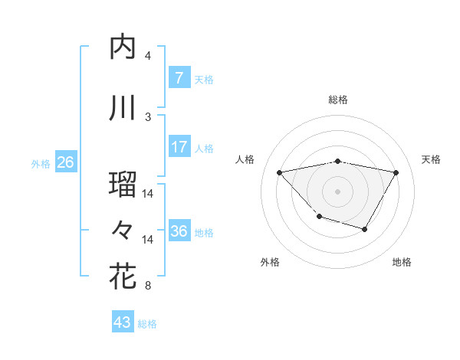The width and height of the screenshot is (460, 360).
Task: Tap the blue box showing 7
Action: tap(179, 77)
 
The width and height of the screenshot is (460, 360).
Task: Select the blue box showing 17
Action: tap(179, 147)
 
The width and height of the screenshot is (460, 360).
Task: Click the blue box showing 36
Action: tap(179, 231)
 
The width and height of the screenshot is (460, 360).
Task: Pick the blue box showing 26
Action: tap(66, 162)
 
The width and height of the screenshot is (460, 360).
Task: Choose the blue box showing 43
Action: tap(123, 322)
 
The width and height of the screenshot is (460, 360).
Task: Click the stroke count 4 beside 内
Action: tap(148, 56)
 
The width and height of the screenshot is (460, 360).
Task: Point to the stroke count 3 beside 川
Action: tap(148, 116)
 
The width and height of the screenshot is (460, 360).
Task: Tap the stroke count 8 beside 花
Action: tap(148, 286)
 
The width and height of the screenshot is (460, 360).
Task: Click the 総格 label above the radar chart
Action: tap(338, 100)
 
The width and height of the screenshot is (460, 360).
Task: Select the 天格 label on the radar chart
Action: tap(432, 159)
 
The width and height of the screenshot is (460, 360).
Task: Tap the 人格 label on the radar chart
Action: tap(245, 159)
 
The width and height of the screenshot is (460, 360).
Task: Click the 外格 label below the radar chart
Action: tap(270, 263)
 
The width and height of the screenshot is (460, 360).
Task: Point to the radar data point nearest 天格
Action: tap(396, 173)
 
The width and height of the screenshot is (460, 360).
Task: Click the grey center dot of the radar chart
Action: tap(338, 191)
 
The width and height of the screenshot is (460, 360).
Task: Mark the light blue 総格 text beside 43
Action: tap(148, 324)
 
